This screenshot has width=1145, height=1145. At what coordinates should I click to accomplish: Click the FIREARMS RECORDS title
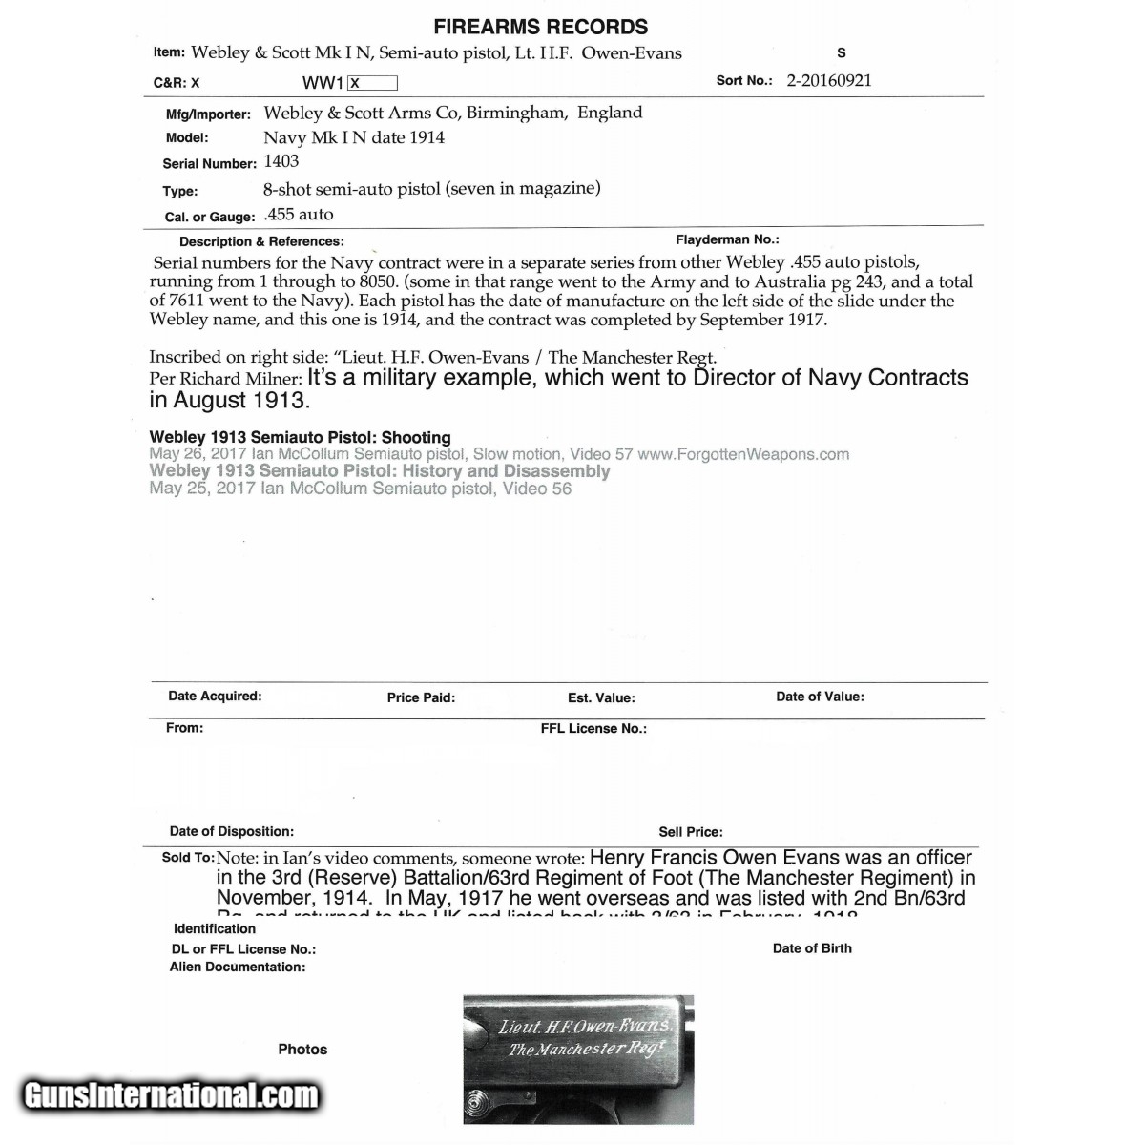click(x=540, y=27)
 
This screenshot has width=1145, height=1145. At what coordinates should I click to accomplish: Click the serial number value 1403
click(x=281, y=161)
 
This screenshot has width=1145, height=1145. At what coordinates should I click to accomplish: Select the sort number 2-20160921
click(x=828, y=80)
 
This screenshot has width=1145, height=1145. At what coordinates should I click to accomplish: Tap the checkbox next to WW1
click(x=372, y=83)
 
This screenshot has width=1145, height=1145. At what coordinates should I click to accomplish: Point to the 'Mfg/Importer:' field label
click(x=208, y=114)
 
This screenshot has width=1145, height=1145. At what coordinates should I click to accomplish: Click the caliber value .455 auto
click(x=299, y=215)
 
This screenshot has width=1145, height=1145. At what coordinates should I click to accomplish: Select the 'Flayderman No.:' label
click(x=727, y=240)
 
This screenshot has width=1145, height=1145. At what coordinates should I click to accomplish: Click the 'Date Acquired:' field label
click(x=215, y=697)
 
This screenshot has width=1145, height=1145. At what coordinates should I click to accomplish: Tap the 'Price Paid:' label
click(x=421, y=697)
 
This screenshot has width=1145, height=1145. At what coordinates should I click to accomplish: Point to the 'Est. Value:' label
click(x=601, y=697)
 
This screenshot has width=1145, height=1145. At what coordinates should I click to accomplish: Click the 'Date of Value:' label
click(x=820, y=697)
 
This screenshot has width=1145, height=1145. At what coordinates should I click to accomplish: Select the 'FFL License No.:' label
click(x=593, y=728)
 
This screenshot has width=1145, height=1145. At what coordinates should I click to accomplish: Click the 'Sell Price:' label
click(x=691, y=832)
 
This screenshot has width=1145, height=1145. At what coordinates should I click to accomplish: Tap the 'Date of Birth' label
click(x=812, y=948)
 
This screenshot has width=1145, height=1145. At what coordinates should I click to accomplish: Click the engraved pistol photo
click(x=578, y=1059)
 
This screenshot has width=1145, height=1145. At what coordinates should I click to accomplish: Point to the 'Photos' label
click(x=302, y=1050)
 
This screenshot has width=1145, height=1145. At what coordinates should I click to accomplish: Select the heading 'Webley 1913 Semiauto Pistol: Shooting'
click(x=300, y=438)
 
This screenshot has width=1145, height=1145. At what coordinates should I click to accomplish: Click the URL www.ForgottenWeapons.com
click(x=743, y=455)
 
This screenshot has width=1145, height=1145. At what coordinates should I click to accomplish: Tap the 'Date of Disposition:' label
click(x=232, y=831)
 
